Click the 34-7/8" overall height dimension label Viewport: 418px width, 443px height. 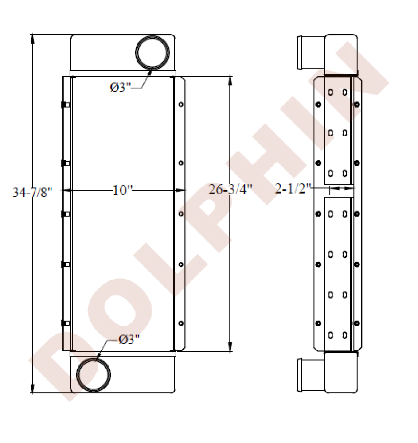tap(33, 192)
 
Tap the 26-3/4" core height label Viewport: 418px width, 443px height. tap(230, 189)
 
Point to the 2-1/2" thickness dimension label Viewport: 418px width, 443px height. tap(293, 189)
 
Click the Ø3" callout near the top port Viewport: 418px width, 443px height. tap(121, 88)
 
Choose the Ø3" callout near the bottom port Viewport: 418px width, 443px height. tap(129, 339)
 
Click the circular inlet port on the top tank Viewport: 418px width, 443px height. tap(152, 52)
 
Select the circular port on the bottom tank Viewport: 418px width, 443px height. tap(94, 375)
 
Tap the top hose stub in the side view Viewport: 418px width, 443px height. tap(311, 52)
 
